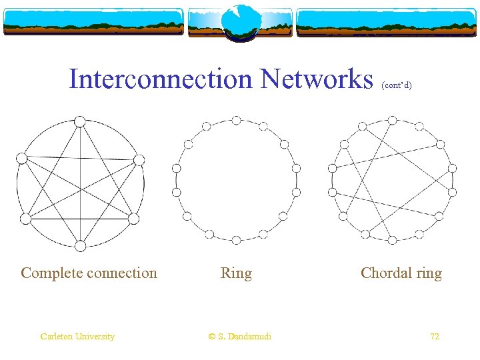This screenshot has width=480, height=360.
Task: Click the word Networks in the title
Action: (317, 79)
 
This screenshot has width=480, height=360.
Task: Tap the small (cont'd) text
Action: (397, 85)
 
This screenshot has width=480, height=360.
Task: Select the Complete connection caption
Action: (89, 273)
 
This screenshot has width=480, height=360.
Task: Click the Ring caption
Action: (236, 273)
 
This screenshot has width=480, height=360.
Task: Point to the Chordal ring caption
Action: (401, 273)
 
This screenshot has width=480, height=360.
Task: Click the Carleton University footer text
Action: (77, 337)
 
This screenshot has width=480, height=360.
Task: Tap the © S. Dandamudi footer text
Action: (240, 337)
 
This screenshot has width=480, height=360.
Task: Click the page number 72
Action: (435, 337)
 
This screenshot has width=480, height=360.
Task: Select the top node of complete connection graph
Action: (80, 121)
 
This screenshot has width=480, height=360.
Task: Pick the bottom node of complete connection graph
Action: (80, 246)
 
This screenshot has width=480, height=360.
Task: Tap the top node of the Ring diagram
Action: (236, 120)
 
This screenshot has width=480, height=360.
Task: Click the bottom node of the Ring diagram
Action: (236, 238)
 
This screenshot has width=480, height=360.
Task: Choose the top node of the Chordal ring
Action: (392, 120)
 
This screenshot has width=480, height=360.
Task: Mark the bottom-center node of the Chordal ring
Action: (392, 238)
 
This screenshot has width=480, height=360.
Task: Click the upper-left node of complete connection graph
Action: (21, 158)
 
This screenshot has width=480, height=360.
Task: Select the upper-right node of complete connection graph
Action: (139, 159)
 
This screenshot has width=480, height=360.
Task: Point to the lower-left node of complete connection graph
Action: (25, 219)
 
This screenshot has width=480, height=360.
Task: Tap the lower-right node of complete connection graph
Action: (133, 219)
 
